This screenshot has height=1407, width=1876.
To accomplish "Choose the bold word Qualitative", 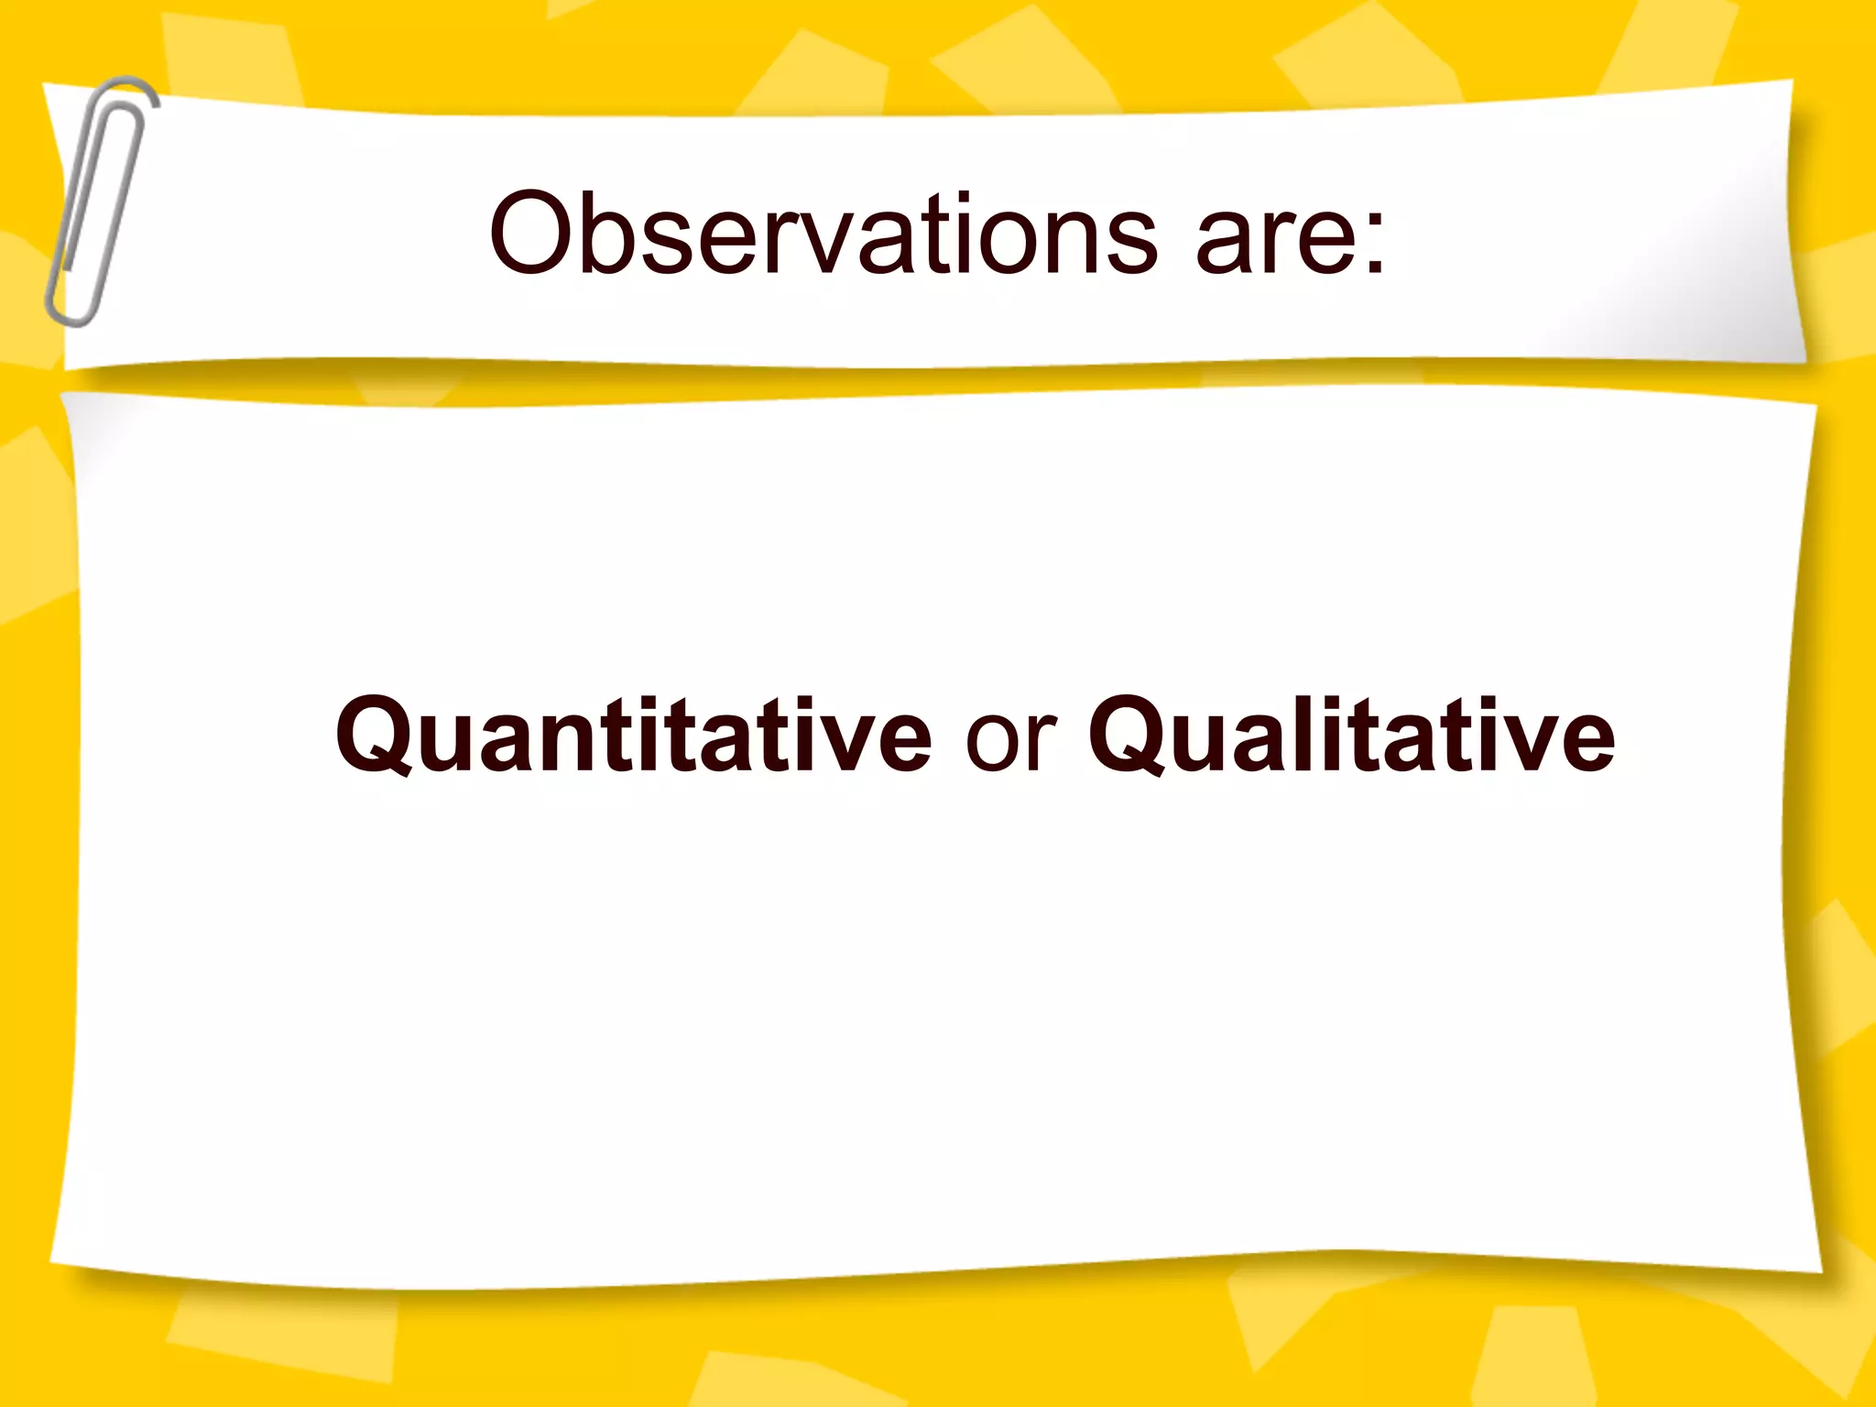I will [1352, 736].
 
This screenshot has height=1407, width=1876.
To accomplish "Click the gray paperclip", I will [98, 202].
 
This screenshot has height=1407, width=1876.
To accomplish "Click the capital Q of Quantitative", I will [376, 736].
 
